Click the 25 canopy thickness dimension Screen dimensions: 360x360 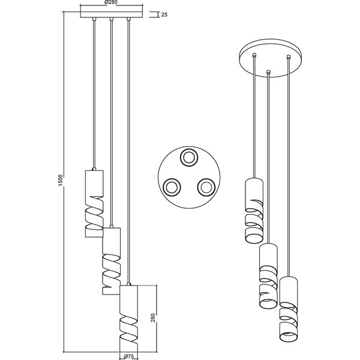coord(164,14)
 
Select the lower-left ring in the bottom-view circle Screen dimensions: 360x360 coord(171,187)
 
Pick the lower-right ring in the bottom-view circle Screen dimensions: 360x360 coord(206,187)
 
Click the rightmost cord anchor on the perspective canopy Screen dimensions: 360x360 coord(289,57)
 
